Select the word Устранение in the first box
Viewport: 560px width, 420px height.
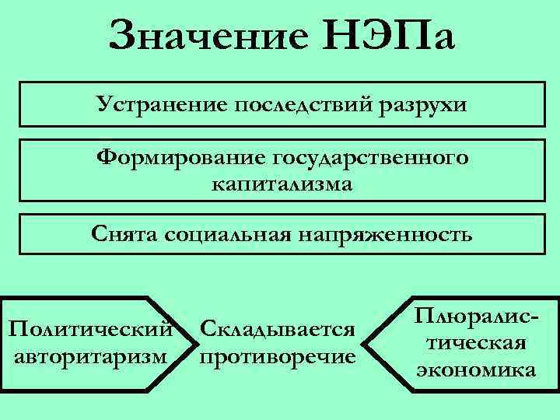[x=160, y=103]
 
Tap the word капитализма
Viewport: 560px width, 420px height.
[x=281, y=185]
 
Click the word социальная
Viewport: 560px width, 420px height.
[x=226, y=233]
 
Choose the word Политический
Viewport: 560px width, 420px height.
[x=89, y=331]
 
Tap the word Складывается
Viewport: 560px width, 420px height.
[x=278, y=331]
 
